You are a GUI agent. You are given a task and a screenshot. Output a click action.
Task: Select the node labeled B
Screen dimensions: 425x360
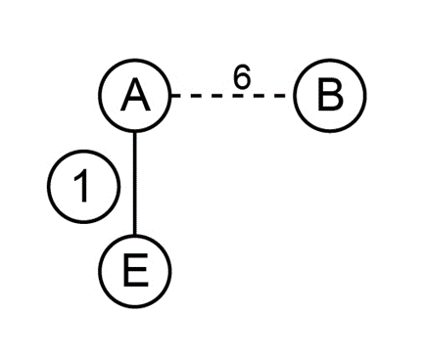330,96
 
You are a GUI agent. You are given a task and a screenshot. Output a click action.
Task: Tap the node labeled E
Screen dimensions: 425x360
135,271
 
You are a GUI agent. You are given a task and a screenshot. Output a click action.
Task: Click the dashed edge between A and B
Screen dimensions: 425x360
229,96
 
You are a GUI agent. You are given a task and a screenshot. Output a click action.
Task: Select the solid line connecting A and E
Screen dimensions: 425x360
134,183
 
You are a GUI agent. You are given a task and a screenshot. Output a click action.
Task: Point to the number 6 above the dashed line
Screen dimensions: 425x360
242,77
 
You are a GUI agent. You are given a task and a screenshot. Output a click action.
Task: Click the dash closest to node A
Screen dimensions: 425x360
175,96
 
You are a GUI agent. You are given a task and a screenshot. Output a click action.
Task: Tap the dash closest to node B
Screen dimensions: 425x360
280,96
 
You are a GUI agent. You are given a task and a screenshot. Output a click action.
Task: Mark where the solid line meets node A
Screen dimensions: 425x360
134,132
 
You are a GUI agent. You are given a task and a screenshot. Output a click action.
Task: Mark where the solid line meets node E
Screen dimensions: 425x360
134,235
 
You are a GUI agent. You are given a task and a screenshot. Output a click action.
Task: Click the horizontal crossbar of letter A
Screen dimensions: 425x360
135,101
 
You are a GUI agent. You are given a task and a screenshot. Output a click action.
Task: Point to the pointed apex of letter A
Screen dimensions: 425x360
135,81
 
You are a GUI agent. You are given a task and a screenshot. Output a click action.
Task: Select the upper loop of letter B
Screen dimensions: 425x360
330,88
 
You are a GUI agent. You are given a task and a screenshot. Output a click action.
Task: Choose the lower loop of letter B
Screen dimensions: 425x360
331,103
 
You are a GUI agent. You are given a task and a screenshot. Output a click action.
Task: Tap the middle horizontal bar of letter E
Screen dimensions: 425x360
135,269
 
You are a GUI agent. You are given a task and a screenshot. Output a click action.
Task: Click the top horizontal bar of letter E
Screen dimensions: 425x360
135,257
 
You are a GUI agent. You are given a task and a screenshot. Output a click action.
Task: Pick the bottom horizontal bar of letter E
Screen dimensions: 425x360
136,284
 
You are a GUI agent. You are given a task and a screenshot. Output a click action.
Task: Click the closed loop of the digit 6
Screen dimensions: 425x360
243,81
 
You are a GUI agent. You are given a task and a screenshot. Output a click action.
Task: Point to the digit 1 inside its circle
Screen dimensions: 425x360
81,187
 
